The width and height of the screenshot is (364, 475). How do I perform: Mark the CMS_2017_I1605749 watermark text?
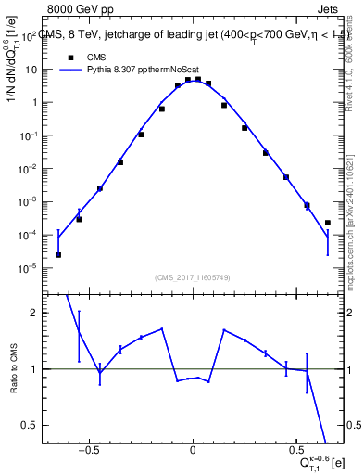coord(193,277)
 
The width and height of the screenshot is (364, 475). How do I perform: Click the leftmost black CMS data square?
coord(58,254)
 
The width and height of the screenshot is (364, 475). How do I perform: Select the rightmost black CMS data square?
coord(328,223)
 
